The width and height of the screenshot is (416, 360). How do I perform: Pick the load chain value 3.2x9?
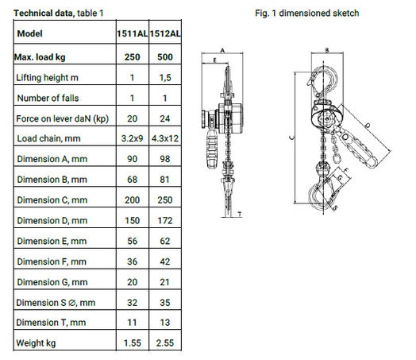point(133,138)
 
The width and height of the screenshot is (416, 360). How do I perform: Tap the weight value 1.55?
point(133,343)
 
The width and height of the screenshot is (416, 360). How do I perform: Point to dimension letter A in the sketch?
point(223,49)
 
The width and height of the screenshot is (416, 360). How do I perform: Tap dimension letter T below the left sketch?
point(240,213)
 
